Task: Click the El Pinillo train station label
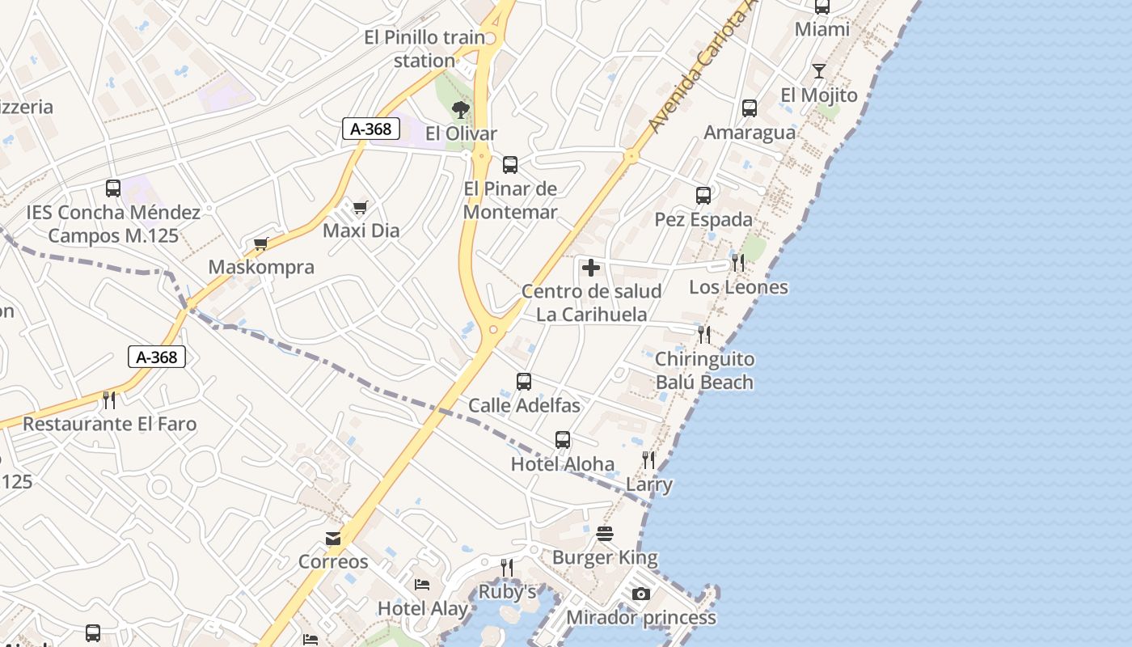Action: (x=424, y=49)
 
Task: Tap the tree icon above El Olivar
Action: (x=461, y=109)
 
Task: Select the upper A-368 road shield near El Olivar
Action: (x=371, y=129)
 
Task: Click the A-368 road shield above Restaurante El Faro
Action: (x=157, y=357)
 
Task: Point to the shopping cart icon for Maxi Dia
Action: (x=361, y=207)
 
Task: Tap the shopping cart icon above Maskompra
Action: (x=260, y=243)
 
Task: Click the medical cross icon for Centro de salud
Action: (x=591, y=268)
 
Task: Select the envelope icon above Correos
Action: (x=333, y=539)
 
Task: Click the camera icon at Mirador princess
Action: (x=640, y=594)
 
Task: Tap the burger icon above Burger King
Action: (x=605, y=534)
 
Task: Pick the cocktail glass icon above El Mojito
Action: (x=818, y=71)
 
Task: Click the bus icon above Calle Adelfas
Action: (x=524, y=381)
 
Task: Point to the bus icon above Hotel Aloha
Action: (x=563, y=440)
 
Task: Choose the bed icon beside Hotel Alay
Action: (x=422, y=585)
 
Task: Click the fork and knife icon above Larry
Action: (x=648, y=460)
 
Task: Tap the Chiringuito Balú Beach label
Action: (x=704, y=370)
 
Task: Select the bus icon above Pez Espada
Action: (x=703, y=195)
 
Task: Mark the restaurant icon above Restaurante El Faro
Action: (x=109, y=400)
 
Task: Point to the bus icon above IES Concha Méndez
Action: (x=113, y=188)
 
